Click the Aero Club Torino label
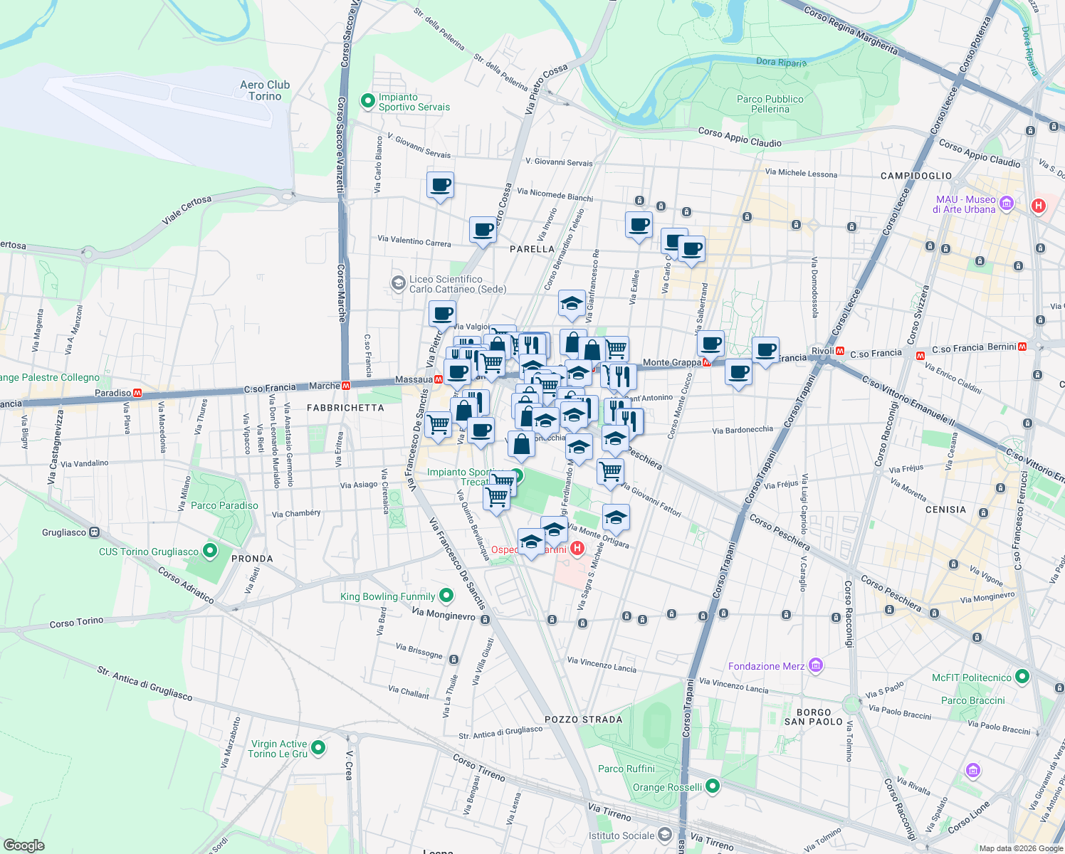(265, 90)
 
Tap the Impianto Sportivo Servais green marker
(367, 102)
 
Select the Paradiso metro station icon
(137, 393)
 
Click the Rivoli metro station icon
(841, 352)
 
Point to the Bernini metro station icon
(1022, 347)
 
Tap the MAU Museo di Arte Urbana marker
(1006, 204)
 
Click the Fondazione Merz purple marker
(816, 666)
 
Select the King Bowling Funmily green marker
(446, 595)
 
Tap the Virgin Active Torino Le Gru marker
(318, 748)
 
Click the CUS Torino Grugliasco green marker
(209, 551)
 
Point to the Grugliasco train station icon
(94, 532)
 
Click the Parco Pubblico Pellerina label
(770, 104)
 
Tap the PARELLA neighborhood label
(532, 249)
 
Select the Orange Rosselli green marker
(713, 786)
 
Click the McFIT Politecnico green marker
(1022, 677)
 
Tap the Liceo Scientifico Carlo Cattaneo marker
(399, 284)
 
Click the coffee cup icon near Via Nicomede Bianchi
(440, 186)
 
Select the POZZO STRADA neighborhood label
(583, 719)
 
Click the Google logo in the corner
(23, 845)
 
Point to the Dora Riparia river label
(781, 62)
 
